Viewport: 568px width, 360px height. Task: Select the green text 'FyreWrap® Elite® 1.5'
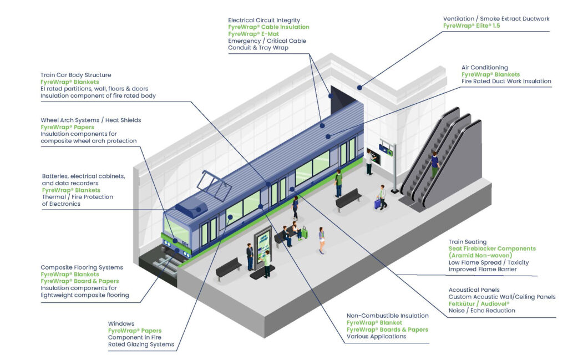coord(471,26)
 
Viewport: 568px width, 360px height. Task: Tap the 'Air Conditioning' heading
coord(484,68)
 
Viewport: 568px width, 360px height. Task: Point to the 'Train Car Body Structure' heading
coord(75,75)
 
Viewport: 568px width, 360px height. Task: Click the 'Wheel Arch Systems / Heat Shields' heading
coord(90,120)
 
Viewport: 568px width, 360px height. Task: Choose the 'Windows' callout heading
coord(120,323)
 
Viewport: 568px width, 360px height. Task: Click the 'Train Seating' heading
coord(467,242)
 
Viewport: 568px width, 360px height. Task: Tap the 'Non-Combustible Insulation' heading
coord(387,316)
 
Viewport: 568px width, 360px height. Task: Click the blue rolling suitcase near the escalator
coord(377,204)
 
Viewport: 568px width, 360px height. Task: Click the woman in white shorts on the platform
coord(321,240)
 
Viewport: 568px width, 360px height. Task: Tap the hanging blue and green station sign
coord(388,149)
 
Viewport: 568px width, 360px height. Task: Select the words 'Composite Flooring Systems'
coord(82,267)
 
